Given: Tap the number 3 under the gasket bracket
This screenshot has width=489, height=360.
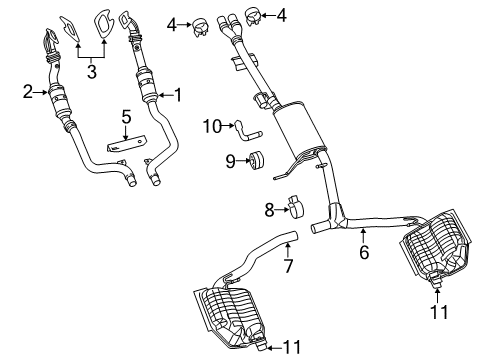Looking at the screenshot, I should (x=93, y=72).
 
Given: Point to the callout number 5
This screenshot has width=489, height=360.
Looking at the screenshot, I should (x=126, y=117).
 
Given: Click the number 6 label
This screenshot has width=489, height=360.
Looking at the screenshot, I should (x=364, y=253).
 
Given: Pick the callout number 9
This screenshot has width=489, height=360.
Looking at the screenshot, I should (x=229, y=159).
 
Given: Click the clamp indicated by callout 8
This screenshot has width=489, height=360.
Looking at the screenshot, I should (x=296, y=205).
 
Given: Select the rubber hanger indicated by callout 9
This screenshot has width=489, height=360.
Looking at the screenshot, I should (x=257, y=160).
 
